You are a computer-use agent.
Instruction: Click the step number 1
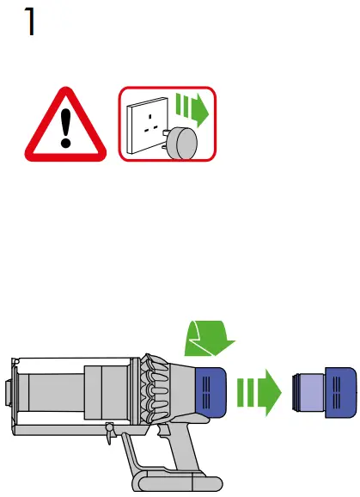30,21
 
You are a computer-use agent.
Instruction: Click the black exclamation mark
65,128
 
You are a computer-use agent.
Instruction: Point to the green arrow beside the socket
192,110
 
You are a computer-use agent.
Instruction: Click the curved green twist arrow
210,339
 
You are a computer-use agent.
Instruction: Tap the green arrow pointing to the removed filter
259,392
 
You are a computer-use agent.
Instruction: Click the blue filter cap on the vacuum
211,392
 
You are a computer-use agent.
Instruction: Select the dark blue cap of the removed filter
341,392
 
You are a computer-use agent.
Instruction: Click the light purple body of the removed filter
312,392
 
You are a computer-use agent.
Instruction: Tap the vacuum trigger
165,431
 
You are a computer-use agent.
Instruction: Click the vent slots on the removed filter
337,392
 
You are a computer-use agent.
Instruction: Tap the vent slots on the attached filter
206,392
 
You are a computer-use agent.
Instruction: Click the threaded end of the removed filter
296,392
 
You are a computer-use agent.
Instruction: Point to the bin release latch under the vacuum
110,433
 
